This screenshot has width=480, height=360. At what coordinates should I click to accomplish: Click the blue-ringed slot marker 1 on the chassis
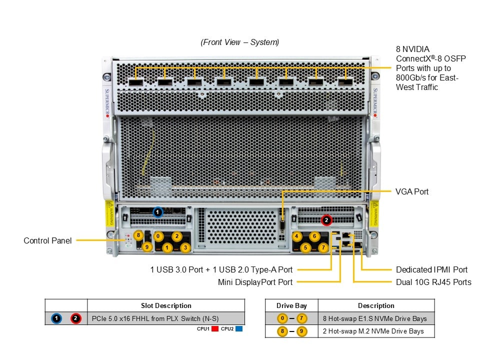point(158,212)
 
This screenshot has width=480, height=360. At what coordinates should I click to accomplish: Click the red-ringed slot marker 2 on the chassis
point(326,219)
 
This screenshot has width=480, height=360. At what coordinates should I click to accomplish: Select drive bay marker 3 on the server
point(185,247)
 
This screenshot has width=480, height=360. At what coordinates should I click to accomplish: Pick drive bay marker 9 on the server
point(147,246)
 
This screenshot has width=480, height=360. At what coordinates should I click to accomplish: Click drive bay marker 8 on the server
point(138,235)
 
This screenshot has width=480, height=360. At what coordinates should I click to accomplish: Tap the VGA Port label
point(411,191)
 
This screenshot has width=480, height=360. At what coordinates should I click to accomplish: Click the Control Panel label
point(47,240)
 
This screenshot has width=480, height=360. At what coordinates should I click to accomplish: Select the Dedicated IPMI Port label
point(431,269)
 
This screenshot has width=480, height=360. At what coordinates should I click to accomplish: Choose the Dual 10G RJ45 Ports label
point(433,282)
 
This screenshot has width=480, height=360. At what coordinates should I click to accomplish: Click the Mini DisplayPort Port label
point(255,282)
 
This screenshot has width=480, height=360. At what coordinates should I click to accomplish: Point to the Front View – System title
point(240,42)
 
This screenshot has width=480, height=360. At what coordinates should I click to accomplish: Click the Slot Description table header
point(166,305)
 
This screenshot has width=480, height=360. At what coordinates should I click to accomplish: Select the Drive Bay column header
point(291,305)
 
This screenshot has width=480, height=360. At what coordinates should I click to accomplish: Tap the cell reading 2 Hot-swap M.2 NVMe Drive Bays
point(373,331)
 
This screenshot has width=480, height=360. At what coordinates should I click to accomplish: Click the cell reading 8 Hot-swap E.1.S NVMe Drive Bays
point(375,318)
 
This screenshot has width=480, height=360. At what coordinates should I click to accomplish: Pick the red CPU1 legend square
point(215,329)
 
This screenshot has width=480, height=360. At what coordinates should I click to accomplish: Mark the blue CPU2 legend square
point(238,329)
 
